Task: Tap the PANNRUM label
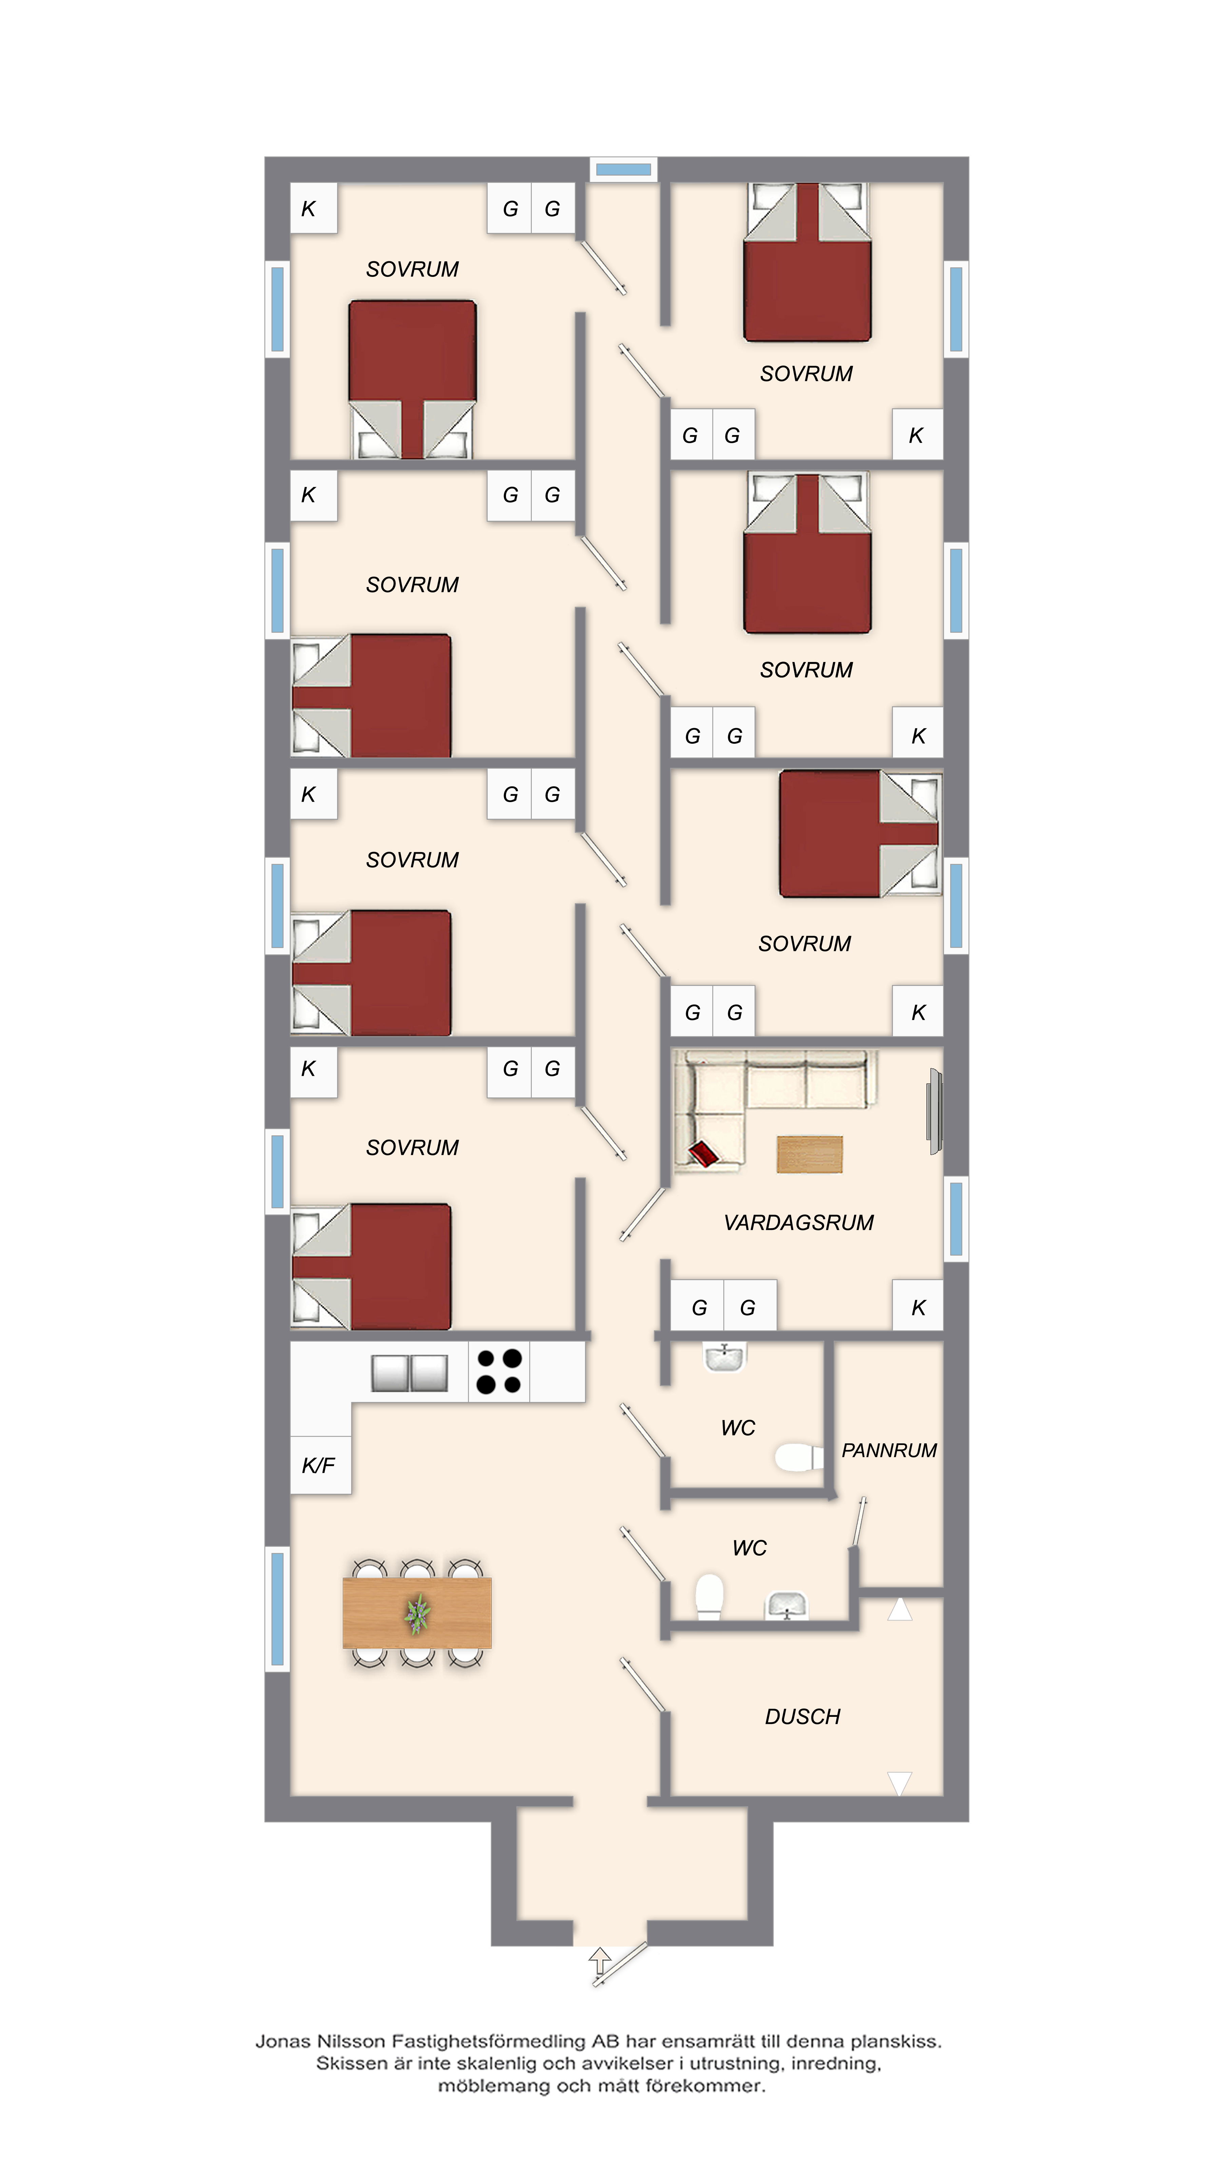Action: (x=889, y=1450)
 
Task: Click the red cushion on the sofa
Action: (x=703, y=1153)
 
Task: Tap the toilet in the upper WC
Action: (x=798, y=1457)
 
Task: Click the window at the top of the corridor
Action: (x=623, y=170)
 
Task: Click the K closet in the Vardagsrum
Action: (x=918, y=1307)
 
